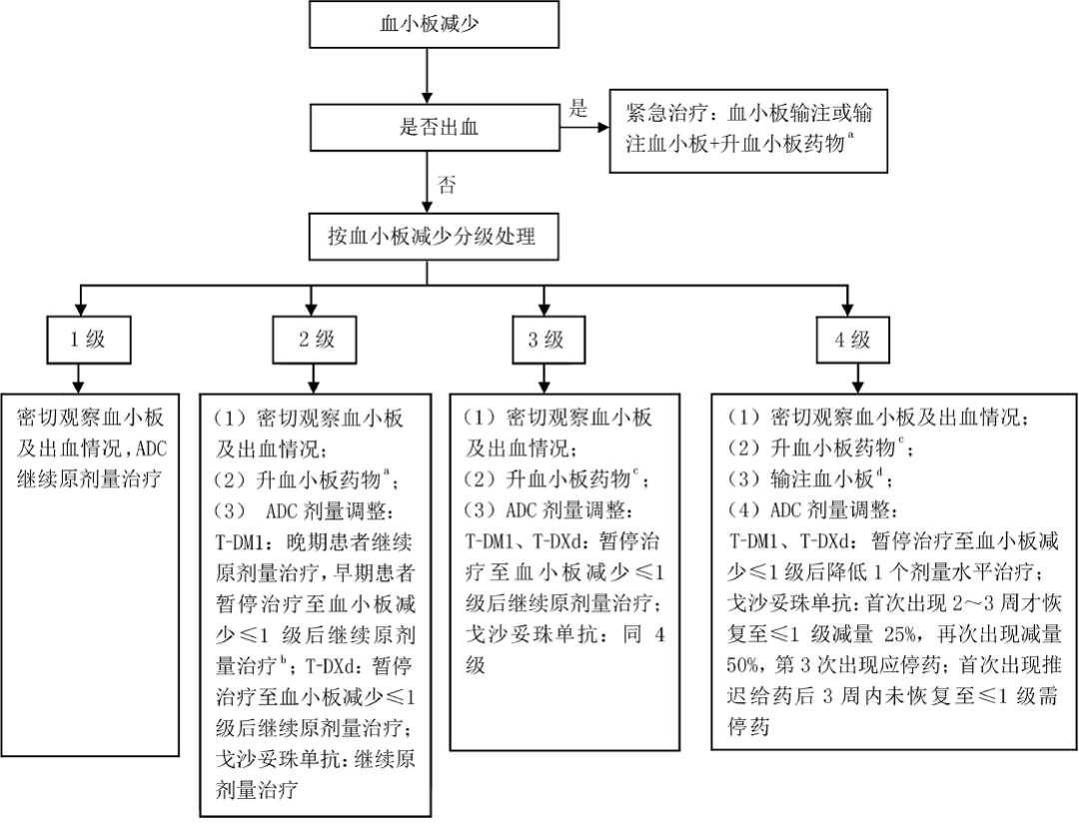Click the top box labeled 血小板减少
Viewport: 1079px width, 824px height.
click(429, 25)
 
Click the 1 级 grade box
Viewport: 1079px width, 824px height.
click(86, 340)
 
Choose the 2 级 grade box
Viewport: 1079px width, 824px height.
click(316, 340)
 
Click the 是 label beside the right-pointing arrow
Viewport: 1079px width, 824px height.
click(578, 109)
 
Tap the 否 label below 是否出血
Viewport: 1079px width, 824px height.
click(447, 185)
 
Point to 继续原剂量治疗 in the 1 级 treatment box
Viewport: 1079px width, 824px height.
click(85, 477)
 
